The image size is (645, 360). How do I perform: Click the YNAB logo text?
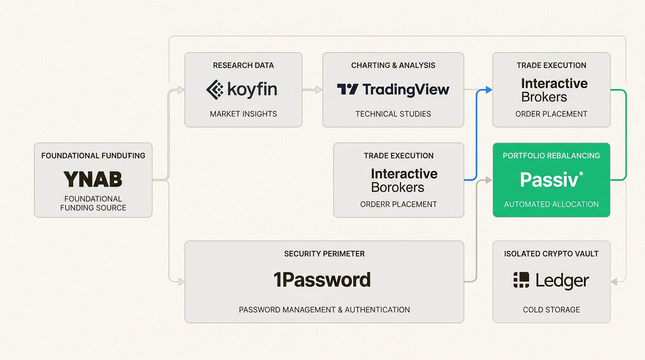pos(93,179)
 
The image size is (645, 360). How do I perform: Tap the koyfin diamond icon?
pos(215,90)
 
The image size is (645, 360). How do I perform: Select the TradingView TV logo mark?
pos(347,90)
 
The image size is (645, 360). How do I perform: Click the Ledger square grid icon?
pos(521,280)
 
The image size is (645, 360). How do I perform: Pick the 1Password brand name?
pos(322,280)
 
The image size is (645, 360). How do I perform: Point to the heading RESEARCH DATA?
pos(243,66)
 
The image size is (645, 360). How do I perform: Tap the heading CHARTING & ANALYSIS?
pos(393,66)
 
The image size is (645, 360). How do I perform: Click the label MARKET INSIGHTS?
pos(243,114)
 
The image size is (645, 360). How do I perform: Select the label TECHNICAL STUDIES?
pos(393,114)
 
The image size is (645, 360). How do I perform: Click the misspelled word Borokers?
pos(397,187)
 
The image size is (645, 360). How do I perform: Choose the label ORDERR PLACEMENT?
pos(398,204)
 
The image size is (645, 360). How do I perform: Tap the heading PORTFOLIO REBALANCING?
pos(551,156)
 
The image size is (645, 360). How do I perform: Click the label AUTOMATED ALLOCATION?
pos(551,204)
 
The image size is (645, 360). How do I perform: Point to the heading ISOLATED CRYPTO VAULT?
pos(551,254)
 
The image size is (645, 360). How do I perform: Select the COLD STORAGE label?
pos(551,310)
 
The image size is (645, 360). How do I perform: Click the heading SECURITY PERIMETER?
pos(324,254)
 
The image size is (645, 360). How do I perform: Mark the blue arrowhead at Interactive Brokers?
pos(488,90)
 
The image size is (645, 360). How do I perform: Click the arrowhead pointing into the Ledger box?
pos(615,282)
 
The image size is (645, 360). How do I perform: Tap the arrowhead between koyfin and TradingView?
pos(319,90)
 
